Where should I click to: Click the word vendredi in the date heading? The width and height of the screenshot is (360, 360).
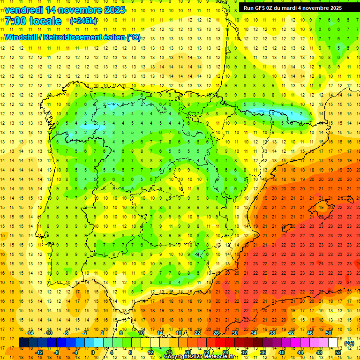24,10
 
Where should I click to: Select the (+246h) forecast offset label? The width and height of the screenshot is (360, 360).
83,21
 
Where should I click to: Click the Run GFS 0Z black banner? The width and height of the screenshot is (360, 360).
292,8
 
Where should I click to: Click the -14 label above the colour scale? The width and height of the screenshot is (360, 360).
30,333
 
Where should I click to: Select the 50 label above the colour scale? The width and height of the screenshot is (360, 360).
329,333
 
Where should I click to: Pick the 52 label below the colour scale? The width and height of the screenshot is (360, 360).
338,352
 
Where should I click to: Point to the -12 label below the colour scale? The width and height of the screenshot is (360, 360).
39,352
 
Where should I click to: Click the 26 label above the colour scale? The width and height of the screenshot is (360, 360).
216,333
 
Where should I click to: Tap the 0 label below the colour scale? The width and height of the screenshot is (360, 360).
93,352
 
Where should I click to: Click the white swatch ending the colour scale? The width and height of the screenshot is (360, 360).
333,343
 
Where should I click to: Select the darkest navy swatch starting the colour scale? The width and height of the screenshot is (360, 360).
23,343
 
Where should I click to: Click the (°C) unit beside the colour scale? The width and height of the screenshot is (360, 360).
349,343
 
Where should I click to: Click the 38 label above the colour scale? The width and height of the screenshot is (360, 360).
272,333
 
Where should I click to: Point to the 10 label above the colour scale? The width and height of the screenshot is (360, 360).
141,333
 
